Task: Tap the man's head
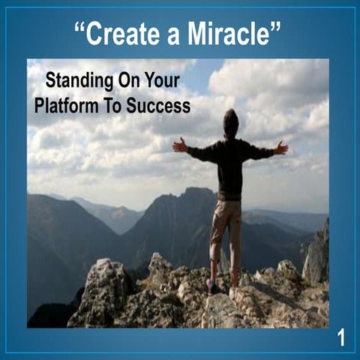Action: (231, 120)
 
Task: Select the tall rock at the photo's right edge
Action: (317, 251)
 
